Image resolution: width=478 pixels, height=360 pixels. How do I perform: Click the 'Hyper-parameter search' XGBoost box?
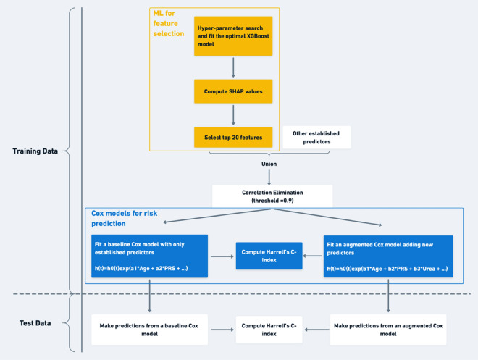tap(232, 37)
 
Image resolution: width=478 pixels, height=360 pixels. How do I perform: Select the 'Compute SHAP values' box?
tap(232, 92)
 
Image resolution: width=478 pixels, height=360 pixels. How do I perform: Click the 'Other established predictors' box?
tap(316, 138)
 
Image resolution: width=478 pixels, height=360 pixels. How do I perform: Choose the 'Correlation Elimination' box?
tap(272, 196)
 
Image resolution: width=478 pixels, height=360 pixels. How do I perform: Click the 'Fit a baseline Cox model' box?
tap(149, 256)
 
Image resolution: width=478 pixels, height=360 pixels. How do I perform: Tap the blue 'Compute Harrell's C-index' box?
tap(269, 256)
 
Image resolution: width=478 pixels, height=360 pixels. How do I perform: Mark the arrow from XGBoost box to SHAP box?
tap(232, 67)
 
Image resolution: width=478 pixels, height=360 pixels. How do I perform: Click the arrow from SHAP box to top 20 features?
tap(232, 114)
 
